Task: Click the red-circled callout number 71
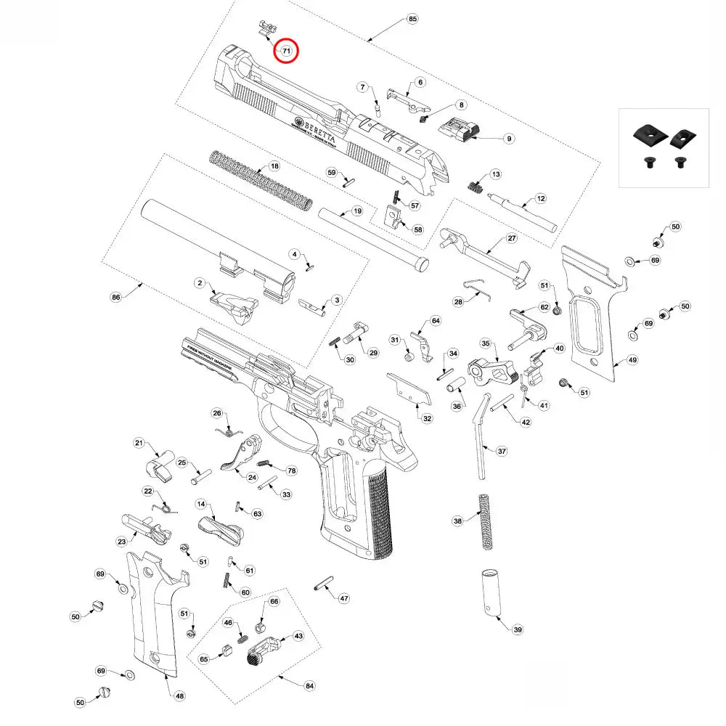click(286, 51)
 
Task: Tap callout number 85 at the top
click(413, 18)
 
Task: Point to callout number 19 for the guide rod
click(356, 211)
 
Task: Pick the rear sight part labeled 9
click(460, 131)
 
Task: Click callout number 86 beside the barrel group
click(115, 297)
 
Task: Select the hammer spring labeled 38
click(484, 519)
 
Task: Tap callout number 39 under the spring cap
click(517, 629)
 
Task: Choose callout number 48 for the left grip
click(179, 696)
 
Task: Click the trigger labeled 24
click(241, 457)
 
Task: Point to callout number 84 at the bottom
click(309, 685)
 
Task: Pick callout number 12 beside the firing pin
click(540, 197)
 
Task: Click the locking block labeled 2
click(234, 303)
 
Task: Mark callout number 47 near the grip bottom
click(344, 598)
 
